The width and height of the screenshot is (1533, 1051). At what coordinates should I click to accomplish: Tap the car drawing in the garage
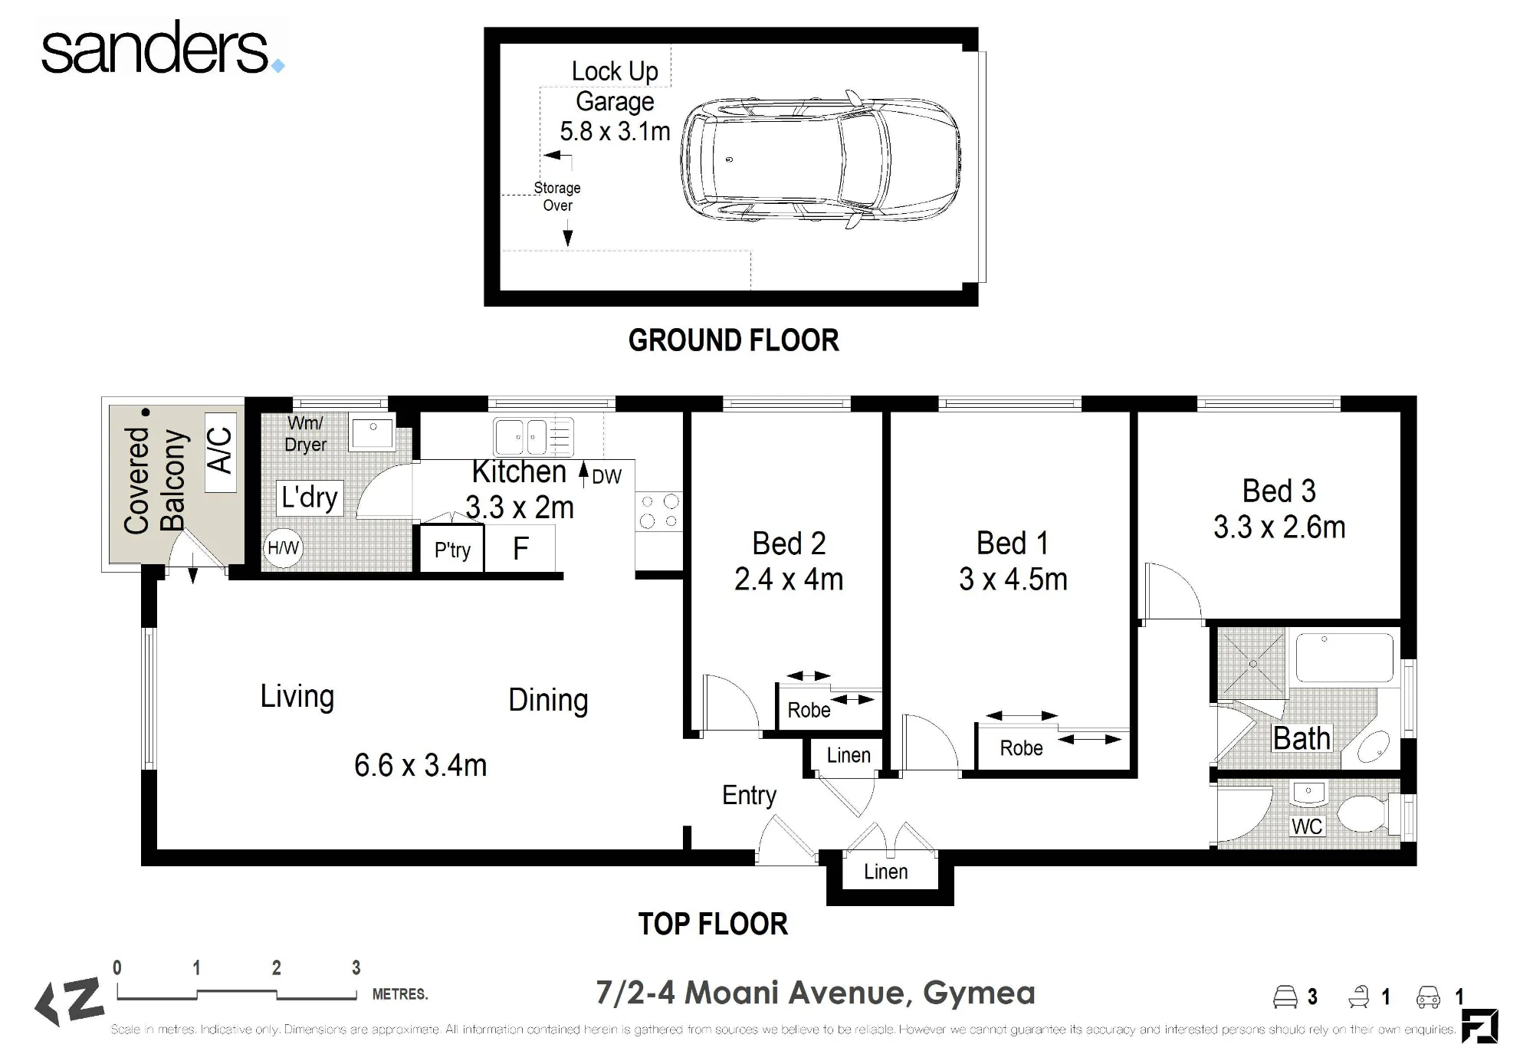tap(819, 160)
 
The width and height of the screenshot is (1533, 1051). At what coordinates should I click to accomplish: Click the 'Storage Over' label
tap(557, 196)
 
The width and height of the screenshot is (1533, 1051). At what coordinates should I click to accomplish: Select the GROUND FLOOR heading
tap(734, 340)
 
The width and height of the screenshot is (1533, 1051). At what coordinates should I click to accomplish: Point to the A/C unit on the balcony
tap(220, 452)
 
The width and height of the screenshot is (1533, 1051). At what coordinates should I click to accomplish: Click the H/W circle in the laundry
tap(283, 548)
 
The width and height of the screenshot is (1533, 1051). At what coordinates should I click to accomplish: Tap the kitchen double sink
tap(533, 437)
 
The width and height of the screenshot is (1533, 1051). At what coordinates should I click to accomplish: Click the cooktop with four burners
tap(659, 511)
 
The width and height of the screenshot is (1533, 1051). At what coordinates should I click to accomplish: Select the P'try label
tap(452, 550)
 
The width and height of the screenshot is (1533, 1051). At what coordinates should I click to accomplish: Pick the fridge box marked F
tap(520, 548)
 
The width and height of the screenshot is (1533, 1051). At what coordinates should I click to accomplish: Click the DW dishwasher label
tap(606, 477)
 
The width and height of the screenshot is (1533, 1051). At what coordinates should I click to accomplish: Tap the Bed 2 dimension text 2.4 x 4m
tap(789, 580)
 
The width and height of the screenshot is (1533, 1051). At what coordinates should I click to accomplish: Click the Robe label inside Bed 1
tap(1021, 748)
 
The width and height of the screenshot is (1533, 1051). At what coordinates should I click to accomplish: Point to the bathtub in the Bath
tap(1344, 657)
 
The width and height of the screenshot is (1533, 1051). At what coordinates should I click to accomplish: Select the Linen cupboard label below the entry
tap(885, 872)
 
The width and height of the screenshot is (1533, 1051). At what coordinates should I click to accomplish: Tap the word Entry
tap(749, 796)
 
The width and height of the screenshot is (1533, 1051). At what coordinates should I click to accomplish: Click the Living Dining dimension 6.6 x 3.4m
tap(420, 765)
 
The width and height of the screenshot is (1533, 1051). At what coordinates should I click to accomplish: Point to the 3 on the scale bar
tap(356, 967)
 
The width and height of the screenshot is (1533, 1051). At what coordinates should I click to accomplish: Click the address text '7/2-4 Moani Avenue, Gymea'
tap(816, 993)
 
